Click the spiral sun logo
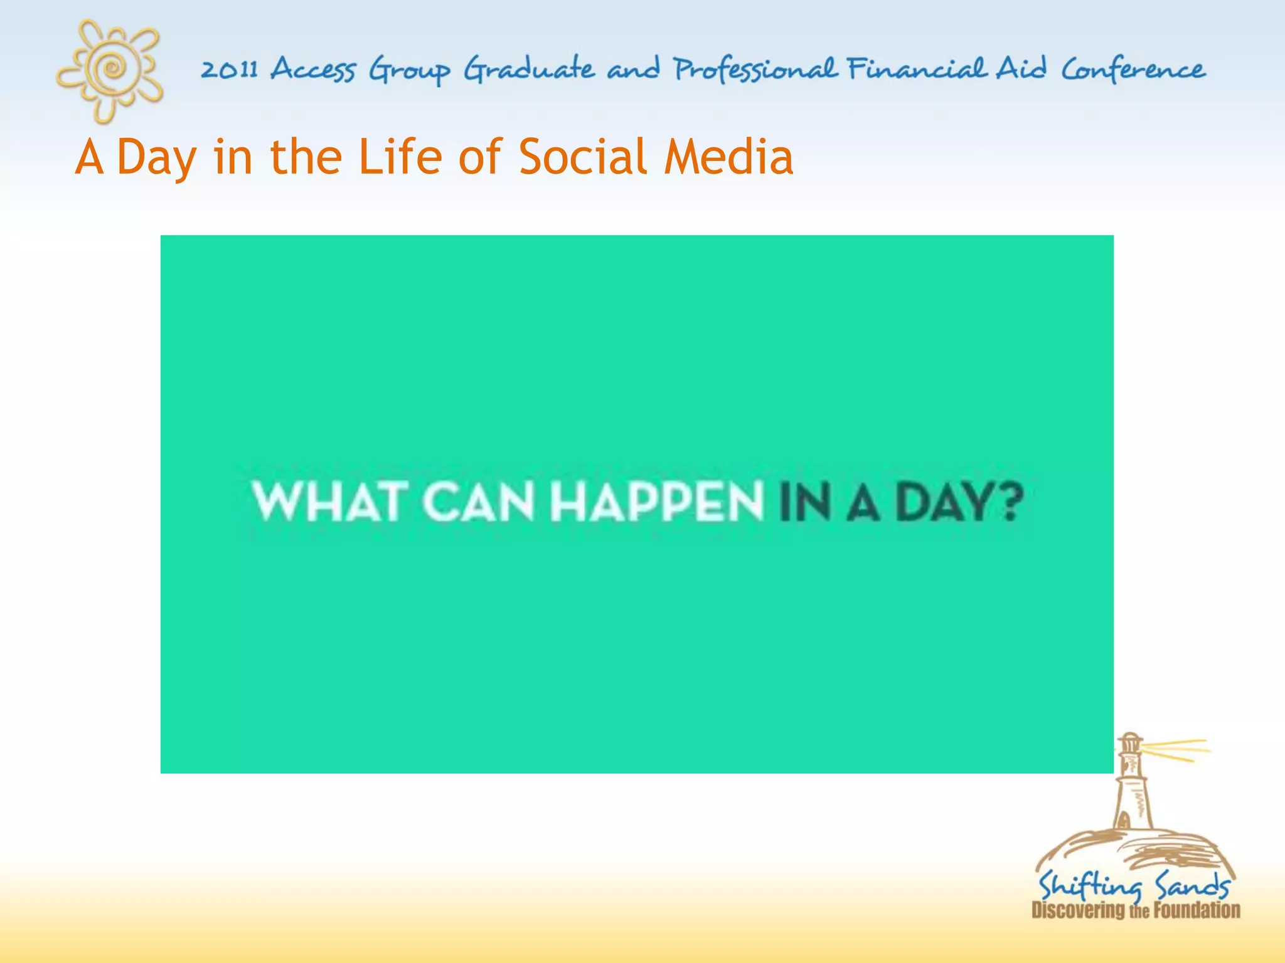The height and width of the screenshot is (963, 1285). coord(111,68)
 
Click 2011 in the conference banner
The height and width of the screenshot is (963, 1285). coord(229,69)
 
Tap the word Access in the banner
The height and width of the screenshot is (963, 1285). coord(313,69)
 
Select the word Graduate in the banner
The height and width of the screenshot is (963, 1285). coord(529,69)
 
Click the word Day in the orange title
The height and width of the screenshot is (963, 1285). coord(157,157)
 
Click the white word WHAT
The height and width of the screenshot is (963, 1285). coord(326,502)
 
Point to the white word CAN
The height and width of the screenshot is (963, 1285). coord(478,502)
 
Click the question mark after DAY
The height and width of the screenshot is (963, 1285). coord(1010,502)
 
